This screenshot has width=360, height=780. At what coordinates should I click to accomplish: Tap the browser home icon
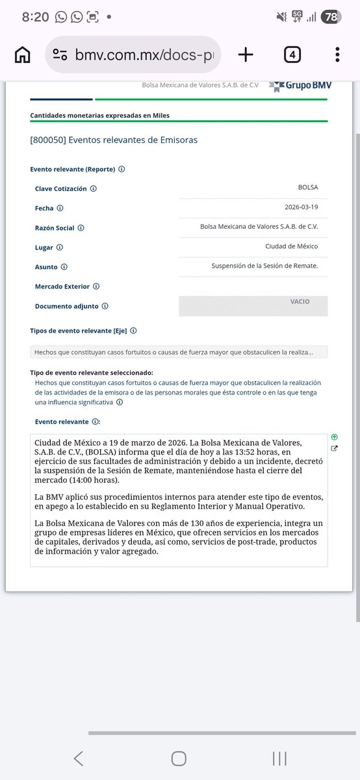coord(23,55)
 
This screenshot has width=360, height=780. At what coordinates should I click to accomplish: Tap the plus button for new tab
coord(246,55)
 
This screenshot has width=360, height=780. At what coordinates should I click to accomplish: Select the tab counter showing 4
coord(292,55)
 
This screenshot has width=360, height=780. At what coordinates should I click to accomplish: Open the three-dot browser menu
coord(337,55)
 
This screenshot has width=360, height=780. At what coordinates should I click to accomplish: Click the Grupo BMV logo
coord(300,85)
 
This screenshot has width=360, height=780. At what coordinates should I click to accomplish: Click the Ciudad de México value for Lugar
coord(291,247)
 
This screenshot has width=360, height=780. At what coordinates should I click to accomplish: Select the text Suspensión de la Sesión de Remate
coord(264,266)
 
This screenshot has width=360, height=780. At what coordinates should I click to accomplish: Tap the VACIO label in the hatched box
coord(300,302)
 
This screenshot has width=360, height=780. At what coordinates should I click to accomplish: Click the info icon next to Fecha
coord(60,209)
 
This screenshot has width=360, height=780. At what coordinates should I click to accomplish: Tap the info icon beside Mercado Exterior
coord(96,286)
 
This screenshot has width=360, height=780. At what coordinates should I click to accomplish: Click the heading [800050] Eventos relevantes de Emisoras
coord(114,140)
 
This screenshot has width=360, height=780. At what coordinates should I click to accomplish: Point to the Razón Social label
coord(55,228)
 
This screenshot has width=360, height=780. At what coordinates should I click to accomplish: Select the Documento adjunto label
coord(67,306)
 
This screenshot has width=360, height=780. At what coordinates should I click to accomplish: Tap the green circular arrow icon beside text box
coord(334,437)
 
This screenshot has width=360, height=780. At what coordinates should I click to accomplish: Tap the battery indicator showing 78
coord(331,17)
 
